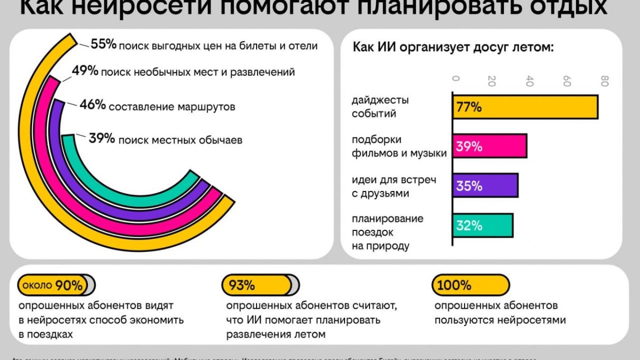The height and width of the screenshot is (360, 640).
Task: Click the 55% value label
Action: (x=103, y=44)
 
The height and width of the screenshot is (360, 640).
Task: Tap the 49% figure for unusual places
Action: (x=85, y=71)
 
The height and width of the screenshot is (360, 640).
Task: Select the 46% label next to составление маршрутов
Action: (x=92, y=105)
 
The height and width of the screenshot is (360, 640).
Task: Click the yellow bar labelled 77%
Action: (x=525, y=107)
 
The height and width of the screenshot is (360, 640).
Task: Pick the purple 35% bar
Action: (x=485, y=186)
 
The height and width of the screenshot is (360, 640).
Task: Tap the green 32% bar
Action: (x=483, y=226)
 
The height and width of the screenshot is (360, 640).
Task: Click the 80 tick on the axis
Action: (x=604, y=81)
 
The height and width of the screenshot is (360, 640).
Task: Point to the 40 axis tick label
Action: (x=530, y=81)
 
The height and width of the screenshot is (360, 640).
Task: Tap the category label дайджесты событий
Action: (x=380, y=107)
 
